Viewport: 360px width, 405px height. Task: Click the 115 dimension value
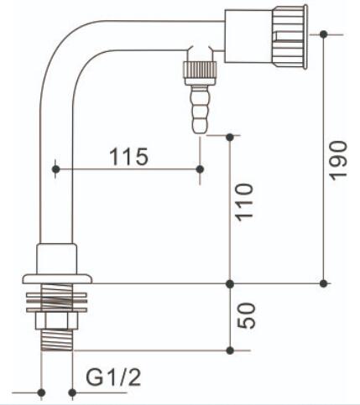click(128, 157)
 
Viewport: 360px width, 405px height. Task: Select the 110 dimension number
click(244, 202)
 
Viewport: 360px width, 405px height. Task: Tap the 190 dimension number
click(337, 160)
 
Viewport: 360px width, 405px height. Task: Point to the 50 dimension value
click(246, 315)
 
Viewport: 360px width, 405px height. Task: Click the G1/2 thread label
click(113, 377)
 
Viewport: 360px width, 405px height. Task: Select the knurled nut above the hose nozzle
click(200, 71)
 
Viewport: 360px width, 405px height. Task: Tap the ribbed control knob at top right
click(290, 36)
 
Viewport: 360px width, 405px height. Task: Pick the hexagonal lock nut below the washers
click(56, 321)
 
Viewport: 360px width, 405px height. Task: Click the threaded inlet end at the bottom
click(57, 340)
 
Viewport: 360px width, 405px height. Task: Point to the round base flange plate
click(57, 279)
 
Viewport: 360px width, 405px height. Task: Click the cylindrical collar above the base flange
click(57, 259)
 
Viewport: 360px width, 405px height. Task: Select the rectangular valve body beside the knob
click(248, 36)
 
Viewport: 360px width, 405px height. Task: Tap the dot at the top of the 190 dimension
click(324, 34)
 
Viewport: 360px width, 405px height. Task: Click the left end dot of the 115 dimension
click(56, 169)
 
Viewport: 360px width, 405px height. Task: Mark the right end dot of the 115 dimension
click(200, 169)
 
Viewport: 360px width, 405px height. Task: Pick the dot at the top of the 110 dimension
click(230, 138)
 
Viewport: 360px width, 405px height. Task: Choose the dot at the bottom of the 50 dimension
click(230, 350)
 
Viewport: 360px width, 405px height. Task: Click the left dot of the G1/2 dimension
click(41, 392)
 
